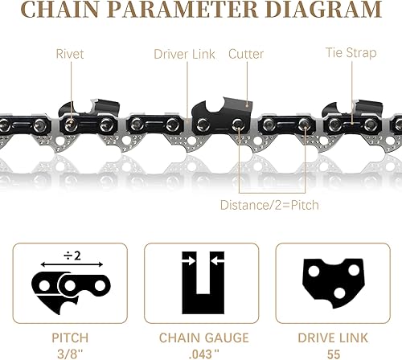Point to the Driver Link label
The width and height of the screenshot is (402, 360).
pos(184,55)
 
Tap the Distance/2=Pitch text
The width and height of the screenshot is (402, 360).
pos(269,205)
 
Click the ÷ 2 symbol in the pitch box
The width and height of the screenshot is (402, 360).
pos(72,256)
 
